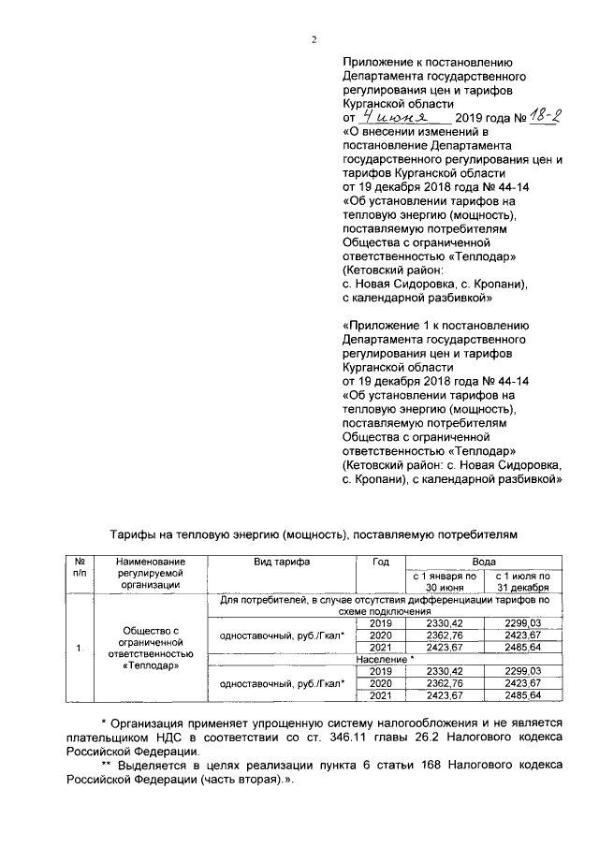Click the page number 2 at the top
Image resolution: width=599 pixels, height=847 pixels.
click(314, 39)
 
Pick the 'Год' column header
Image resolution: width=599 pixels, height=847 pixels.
click(380, 562)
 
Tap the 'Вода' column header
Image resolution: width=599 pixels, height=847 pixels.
click(483, 562)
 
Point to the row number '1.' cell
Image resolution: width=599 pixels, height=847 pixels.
click(80, 648)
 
